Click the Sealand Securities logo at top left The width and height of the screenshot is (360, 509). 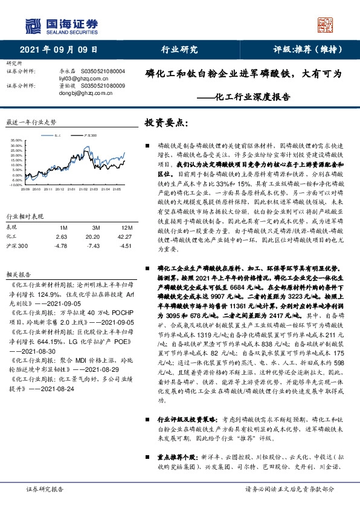point(60,25)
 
